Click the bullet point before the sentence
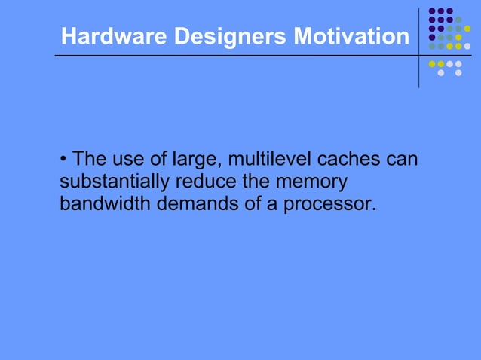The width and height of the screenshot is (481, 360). pyautogui.click(x=64, y=160)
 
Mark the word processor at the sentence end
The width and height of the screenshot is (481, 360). pyautogui.click(x=329, y=204)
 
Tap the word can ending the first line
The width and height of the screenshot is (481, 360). pyautogui.click(x=401, y=160)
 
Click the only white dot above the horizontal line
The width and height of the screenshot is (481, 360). pyautogui.click(x=467, y=46)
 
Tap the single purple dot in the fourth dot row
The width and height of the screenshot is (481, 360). pyautogui.click(x=431, y=37)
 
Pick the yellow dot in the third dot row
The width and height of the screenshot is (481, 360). pyautogui.click(x=467, y=29)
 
